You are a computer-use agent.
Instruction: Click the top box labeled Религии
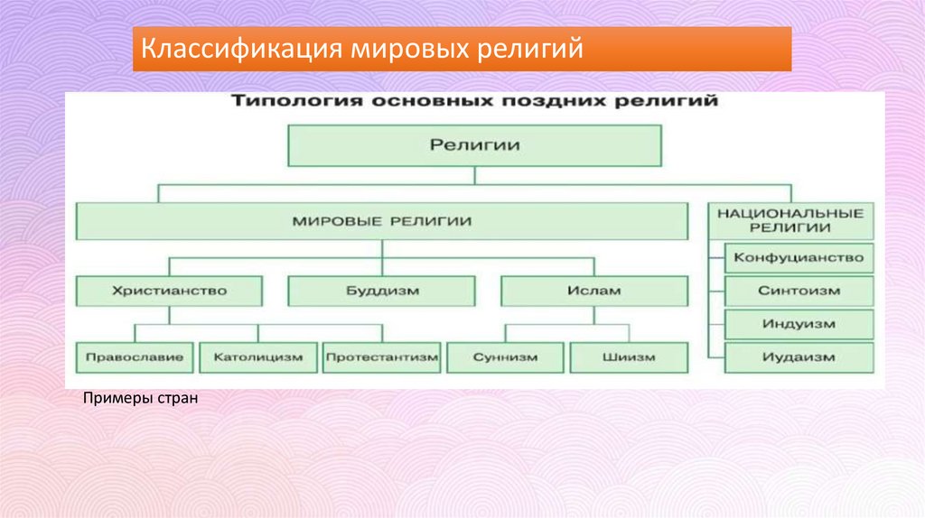(474, 144)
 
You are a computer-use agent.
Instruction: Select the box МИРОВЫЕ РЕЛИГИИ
(382, 220)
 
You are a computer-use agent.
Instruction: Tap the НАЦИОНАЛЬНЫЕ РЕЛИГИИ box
(790, 220)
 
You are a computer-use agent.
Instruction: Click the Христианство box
(170, 291)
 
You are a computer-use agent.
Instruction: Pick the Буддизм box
(381, 291)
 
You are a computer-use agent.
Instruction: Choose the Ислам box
(594, 291)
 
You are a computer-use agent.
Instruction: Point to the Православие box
(135, 357)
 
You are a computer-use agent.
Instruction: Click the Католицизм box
(257, 357)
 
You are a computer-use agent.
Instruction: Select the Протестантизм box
(381, 357)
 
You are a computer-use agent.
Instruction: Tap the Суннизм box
(505, 357)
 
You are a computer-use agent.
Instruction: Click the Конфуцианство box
(799, 258)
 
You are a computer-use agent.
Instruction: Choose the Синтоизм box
(799, 291)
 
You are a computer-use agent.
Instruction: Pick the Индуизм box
(799, 324)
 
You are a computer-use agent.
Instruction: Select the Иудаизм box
(799, 357)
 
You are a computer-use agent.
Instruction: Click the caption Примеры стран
(139, 398)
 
